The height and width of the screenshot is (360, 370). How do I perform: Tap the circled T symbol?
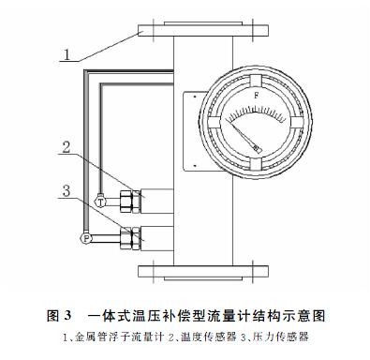click(x=101, y=201)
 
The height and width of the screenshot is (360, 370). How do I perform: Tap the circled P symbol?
click(x=87, y=239)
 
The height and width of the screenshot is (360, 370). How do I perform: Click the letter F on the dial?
click(x=256, y=96)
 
